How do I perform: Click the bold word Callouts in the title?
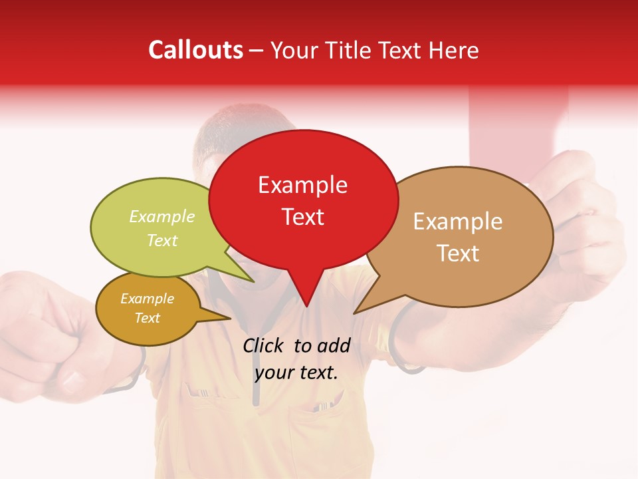click(x=195, y=50)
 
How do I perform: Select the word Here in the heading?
click(x=452, y=51)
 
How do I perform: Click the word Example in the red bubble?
click(x=302, y=185)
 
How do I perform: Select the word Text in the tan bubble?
click(x=458, y=253)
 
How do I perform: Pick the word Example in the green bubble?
click(x=162, y=217)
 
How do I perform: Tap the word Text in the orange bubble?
click(x=148, y=318)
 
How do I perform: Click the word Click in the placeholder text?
click(x=263, y=345)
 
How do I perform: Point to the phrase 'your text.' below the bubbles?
click(x=296, y=373)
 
